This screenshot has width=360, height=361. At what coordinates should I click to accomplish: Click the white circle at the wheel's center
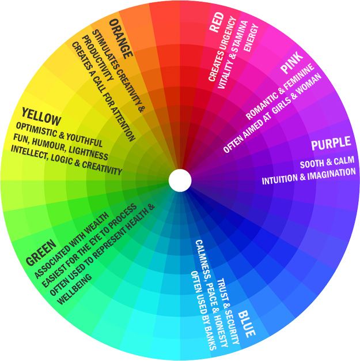coord(180,180)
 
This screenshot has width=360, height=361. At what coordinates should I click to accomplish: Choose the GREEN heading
coord(41,252)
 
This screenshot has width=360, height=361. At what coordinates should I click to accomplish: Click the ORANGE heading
coord(121,38)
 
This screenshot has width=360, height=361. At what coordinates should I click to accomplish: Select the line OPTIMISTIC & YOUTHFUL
coord(60,134)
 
